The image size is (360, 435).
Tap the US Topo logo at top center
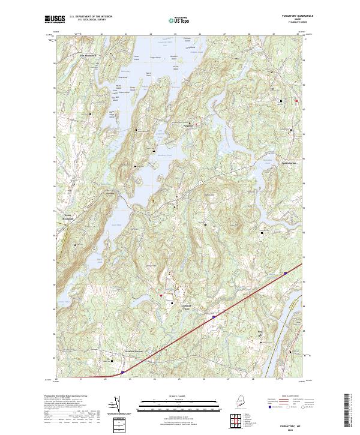[x=179, y=20]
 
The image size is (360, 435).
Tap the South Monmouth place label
[x=68, y=217]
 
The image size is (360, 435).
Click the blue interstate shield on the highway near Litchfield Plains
[x=214, y=314]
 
